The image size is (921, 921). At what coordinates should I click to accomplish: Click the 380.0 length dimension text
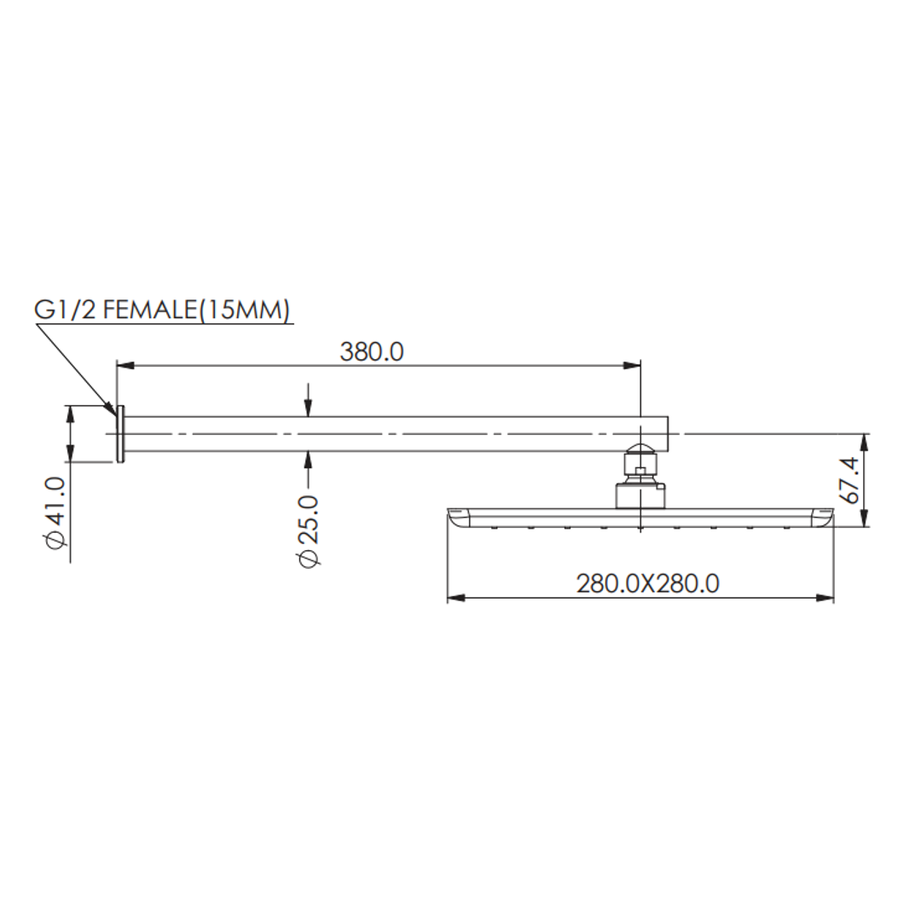(x=372, y=352)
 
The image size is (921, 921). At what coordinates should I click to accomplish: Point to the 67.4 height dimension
(x=850, y=480)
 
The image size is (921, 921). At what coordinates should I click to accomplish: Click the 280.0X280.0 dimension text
(x=647, y=584)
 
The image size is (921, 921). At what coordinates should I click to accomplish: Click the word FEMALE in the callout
(x=149, y=310)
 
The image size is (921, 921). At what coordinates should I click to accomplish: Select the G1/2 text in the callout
(x=65, y=310)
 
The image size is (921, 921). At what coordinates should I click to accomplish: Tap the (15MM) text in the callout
(x=243, y=310)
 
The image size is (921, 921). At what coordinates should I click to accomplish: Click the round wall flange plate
(x=121, y=434)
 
